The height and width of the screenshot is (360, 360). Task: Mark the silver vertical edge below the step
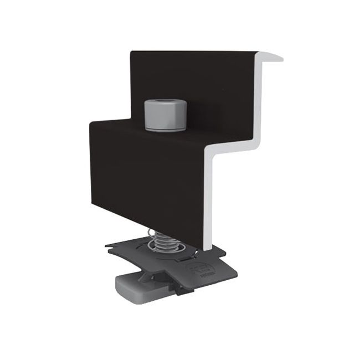(x=210, y=199)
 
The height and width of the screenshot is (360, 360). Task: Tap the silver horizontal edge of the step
(x=232, y=148)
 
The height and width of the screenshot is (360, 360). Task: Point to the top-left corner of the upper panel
(x=131, y=53)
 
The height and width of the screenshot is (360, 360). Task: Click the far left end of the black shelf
(x=91, y=124)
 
